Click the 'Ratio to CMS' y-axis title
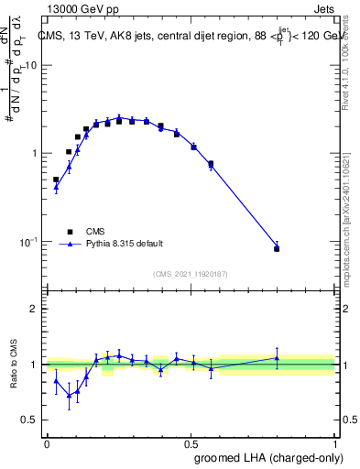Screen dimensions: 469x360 [x=14, y=364]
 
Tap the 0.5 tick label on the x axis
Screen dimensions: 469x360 [x=191, y=443]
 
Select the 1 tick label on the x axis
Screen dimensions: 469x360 [x=335, y=443]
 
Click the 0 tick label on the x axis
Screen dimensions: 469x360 [x=47, y=443]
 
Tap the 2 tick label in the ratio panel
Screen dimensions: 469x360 [x=37, y=309]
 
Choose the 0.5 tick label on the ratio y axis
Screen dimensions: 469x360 [x=32, y=420]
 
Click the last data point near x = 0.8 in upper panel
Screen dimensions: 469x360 [x=277, y=247]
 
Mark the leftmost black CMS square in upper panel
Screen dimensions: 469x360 [x=56, y=180]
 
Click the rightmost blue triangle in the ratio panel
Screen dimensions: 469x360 [x=277, y=358]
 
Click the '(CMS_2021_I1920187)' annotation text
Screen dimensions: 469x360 [x=191, y=274]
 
